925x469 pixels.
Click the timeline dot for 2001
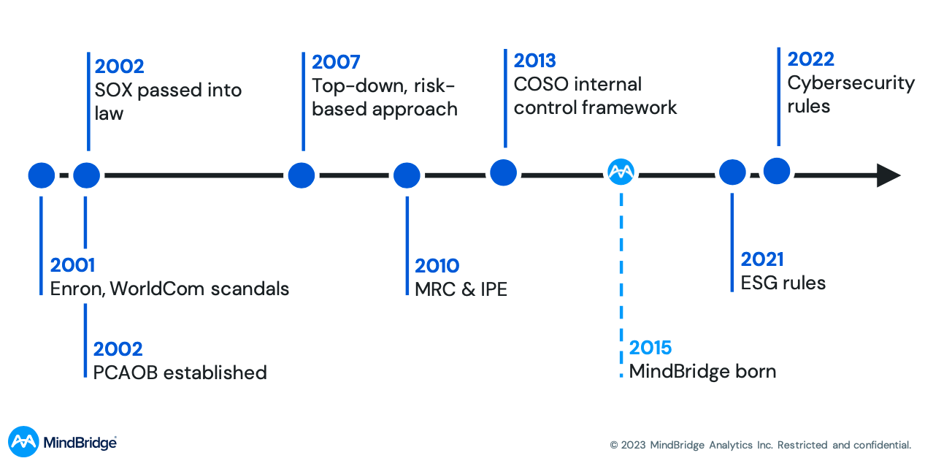42,175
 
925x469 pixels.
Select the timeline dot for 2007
301,175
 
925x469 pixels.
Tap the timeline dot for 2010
407,175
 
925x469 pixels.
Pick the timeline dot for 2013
504,172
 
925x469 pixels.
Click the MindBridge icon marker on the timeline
621,172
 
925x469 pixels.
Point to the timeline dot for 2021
732,172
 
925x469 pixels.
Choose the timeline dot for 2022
777,171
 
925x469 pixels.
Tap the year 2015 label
650,348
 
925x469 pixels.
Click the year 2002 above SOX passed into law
120,66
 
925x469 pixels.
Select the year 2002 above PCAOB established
118,349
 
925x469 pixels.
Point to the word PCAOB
125,373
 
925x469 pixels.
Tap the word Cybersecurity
851,83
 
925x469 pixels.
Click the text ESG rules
783,283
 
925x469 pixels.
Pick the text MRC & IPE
461,289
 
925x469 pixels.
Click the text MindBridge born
702,371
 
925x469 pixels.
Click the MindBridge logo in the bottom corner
62,442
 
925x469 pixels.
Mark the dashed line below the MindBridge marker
621,278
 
